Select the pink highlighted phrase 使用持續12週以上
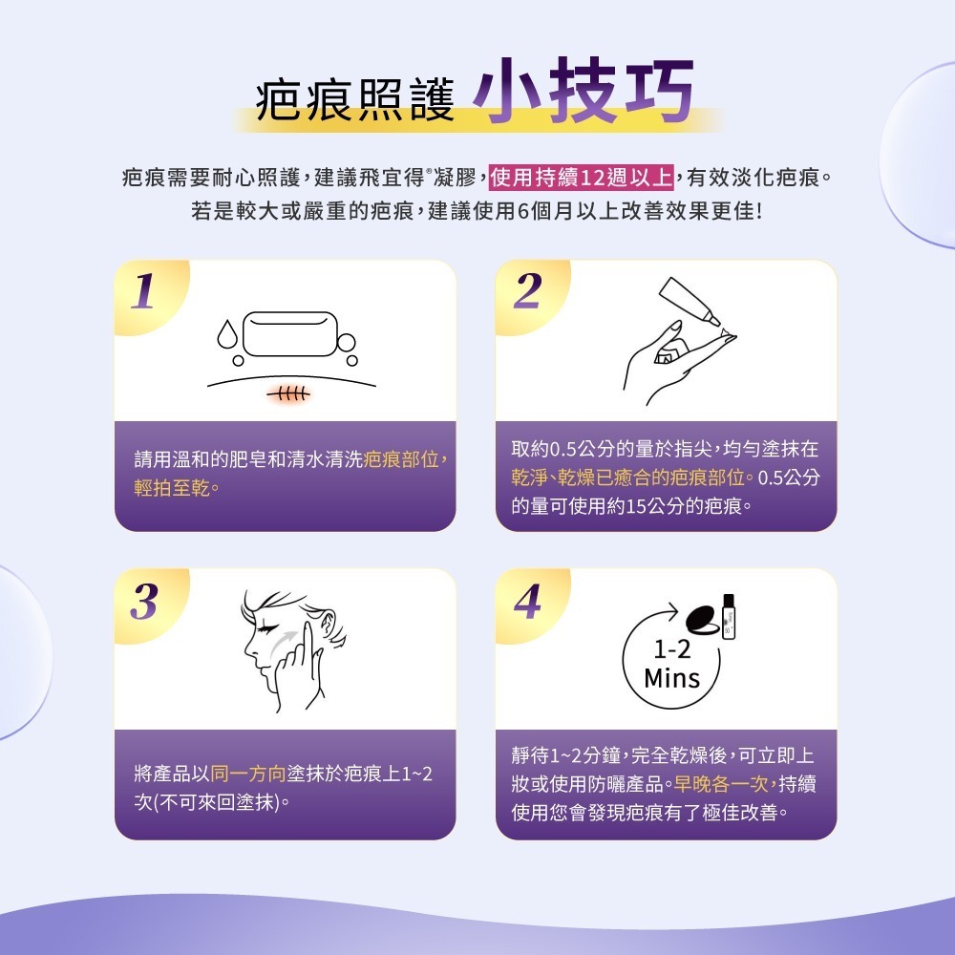coord(583,178)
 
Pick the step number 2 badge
coord(525,292)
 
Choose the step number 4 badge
coord(525,602)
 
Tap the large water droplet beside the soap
coord(227,332)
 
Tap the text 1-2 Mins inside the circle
coord(672,666)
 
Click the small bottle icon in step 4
coord(731,616)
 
